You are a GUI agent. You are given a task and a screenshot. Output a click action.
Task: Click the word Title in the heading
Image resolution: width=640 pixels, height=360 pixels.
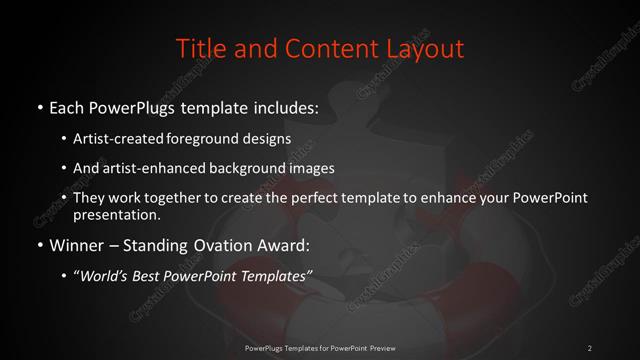click(x=200, y=47)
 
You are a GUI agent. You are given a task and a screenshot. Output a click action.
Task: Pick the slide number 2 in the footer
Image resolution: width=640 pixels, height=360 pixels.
click(x=590, y=347)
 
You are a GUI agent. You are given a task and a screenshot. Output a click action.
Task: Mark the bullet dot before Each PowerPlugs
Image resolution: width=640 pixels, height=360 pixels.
click(x=38, y=106)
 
